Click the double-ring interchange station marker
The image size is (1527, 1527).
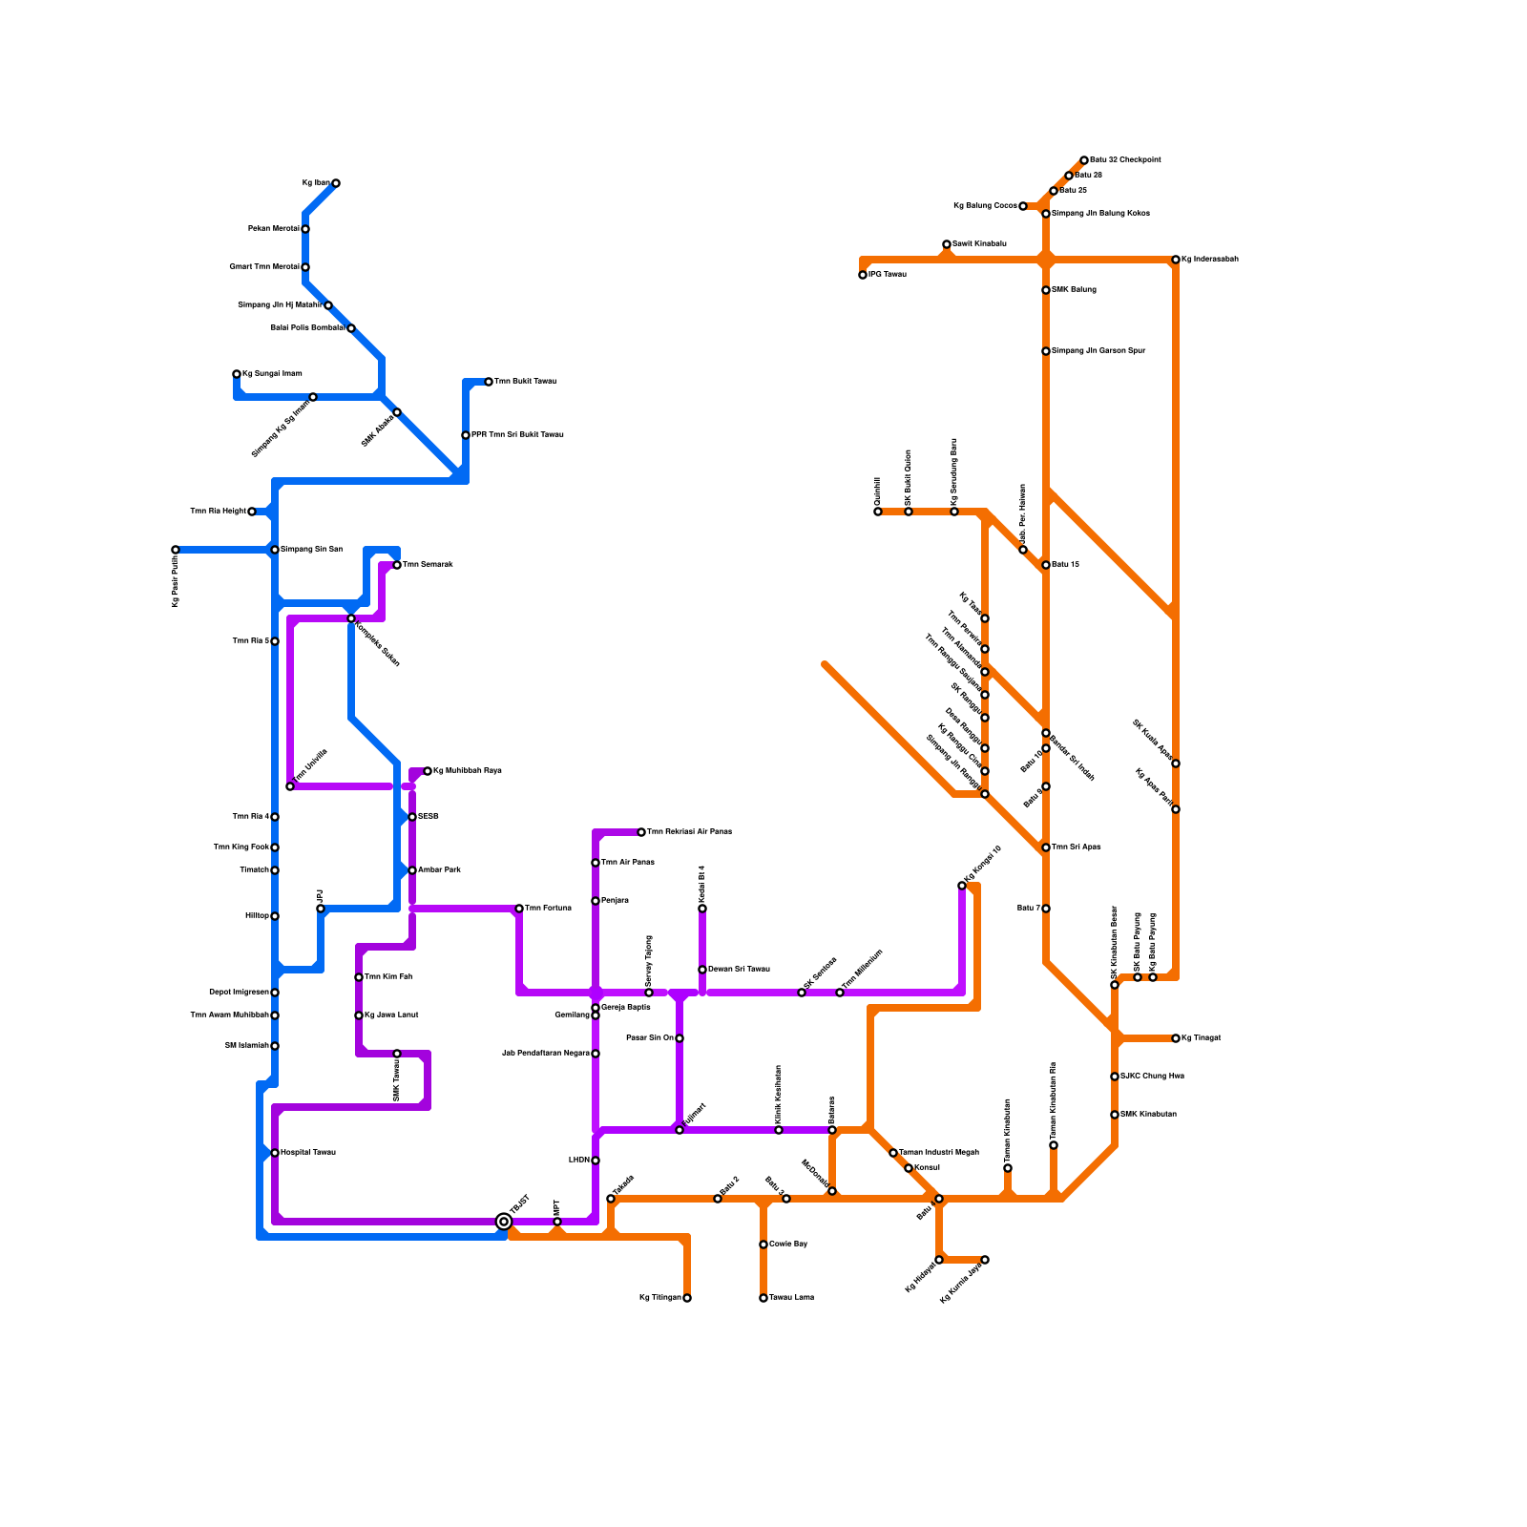tap(504, 1222)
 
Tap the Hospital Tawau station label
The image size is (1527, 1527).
tap(308, 1153)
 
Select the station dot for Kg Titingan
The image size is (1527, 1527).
tap(687, 1298)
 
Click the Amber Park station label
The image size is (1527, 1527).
tap(439, 870)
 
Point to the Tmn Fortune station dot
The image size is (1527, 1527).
tap(519, 909)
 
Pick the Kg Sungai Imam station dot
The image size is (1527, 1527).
tap(237, 374)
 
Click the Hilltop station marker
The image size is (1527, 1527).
tap(275, 916)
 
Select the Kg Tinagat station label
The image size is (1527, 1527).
tap(1202, 1038)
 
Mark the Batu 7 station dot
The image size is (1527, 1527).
tap(1046, 909)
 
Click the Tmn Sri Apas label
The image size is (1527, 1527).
tap(1077, 847)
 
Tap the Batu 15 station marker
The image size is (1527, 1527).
tap(1046, 565)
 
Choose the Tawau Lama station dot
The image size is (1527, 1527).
tap(763, 1298)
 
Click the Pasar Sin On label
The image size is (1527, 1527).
tap(649, 1038)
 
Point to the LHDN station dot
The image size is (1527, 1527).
tap(596, 1161)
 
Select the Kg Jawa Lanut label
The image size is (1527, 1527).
tap(391, 1015)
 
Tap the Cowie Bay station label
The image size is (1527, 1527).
tap(788, 1245)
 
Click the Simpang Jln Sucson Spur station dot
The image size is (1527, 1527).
tap(1046, 351)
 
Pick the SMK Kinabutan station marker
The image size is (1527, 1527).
tap(1115, 1115)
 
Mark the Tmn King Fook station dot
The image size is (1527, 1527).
tap(275, 847)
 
